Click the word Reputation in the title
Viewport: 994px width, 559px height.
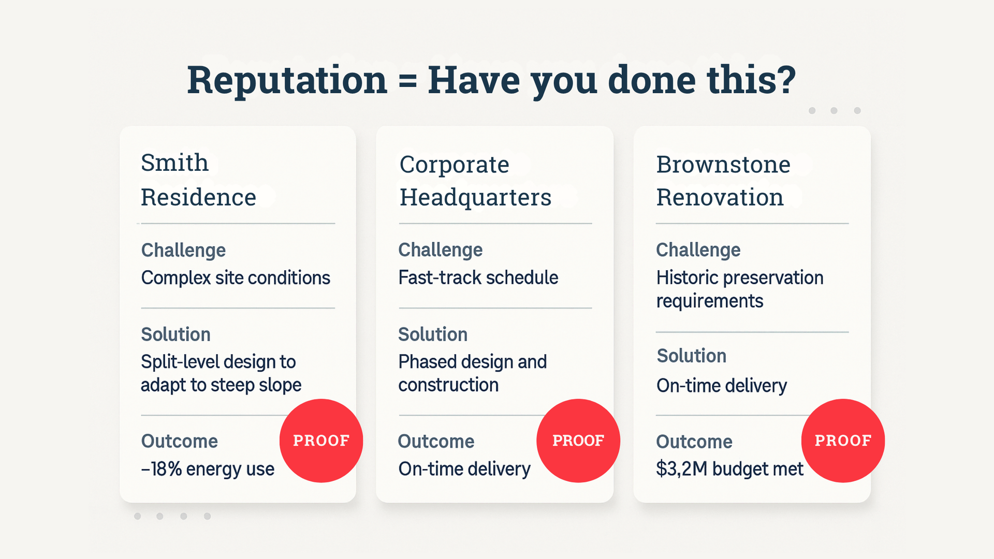click(287, 81)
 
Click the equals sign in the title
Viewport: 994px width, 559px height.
click(407, 82)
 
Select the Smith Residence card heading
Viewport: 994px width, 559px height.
click(199, 180)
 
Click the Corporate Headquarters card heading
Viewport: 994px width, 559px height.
click(475, 181)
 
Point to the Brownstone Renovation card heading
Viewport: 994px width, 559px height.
click(723, 181)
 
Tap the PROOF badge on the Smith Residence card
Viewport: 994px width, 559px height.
click(321, 440)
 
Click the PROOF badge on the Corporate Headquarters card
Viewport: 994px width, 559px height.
click(578, 440)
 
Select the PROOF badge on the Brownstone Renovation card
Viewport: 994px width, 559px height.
click(843, 440)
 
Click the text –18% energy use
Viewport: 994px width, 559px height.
click(208, 469)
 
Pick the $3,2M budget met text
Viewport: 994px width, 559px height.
click(729, 469)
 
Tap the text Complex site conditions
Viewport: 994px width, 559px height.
click(236, 278)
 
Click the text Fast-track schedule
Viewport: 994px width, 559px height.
click(478, 277)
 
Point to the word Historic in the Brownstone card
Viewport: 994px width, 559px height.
click(688, 277)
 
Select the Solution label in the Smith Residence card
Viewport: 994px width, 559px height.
click(176, 334)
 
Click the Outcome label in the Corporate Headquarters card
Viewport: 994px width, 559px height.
click(436, 442)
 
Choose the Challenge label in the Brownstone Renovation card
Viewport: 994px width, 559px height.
click(698, 251)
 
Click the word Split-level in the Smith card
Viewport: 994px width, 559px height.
click(182, 362)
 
